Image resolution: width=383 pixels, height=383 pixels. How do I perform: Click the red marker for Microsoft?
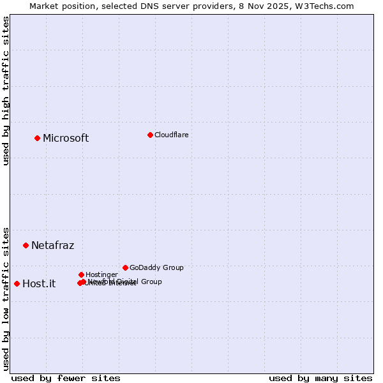click(37, 138)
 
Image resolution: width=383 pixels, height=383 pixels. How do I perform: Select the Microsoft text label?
click(66, 139)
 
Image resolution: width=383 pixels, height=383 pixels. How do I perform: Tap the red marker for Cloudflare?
click(150, 135)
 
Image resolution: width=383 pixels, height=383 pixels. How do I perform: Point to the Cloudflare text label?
click(171, 135)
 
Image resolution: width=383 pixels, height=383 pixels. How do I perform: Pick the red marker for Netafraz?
click(26, 245)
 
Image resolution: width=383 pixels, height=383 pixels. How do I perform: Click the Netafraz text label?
click(52, 246)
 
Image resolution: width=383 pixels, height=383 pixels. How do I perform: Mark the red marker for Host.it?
click(17, 283)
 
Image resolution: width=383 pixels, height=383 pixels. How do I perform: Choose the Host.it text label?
click(39, 284)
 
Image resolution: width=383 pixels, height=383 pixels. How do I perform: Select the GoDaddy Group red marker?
click(125, 267)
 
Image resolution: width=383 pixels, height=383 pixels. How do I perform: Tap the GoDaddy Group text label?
click(156, 267)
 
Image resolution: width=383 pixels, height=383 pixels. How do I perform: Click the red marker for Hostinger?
click(81, 274)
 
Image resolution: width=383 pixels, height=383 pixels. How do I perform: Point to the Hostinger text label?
click(101, 274)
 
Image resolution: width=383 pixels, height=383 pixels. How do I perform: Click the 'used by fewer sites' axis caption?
click(66, 378)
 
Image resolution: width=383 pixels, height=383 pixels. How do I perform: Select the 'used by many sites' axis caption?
click(320, 378)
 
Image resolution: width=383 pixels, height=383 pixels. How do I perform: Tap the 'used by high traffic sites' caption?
click(6, 91)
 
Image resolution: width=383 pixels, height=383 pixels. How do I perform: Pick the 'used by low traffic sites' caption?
click(6, 298)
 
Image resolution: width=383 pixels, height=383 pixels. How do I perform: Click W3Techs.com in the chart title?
click(328, 6)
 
